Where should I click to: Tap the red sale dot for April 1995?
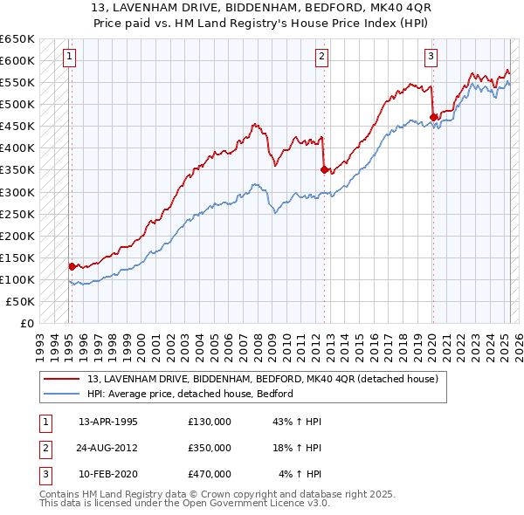72,265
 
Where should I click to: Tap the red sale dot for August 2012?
324,169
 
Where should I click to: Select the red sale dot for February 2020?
433,117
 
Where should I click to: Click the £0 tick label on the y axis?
27,323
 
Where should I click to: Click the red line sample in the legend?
62,379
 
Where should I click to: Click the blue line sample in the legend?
62,394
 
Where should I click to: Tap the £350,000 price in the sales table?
210,448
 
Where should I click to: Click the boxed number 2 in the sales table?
43,448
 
